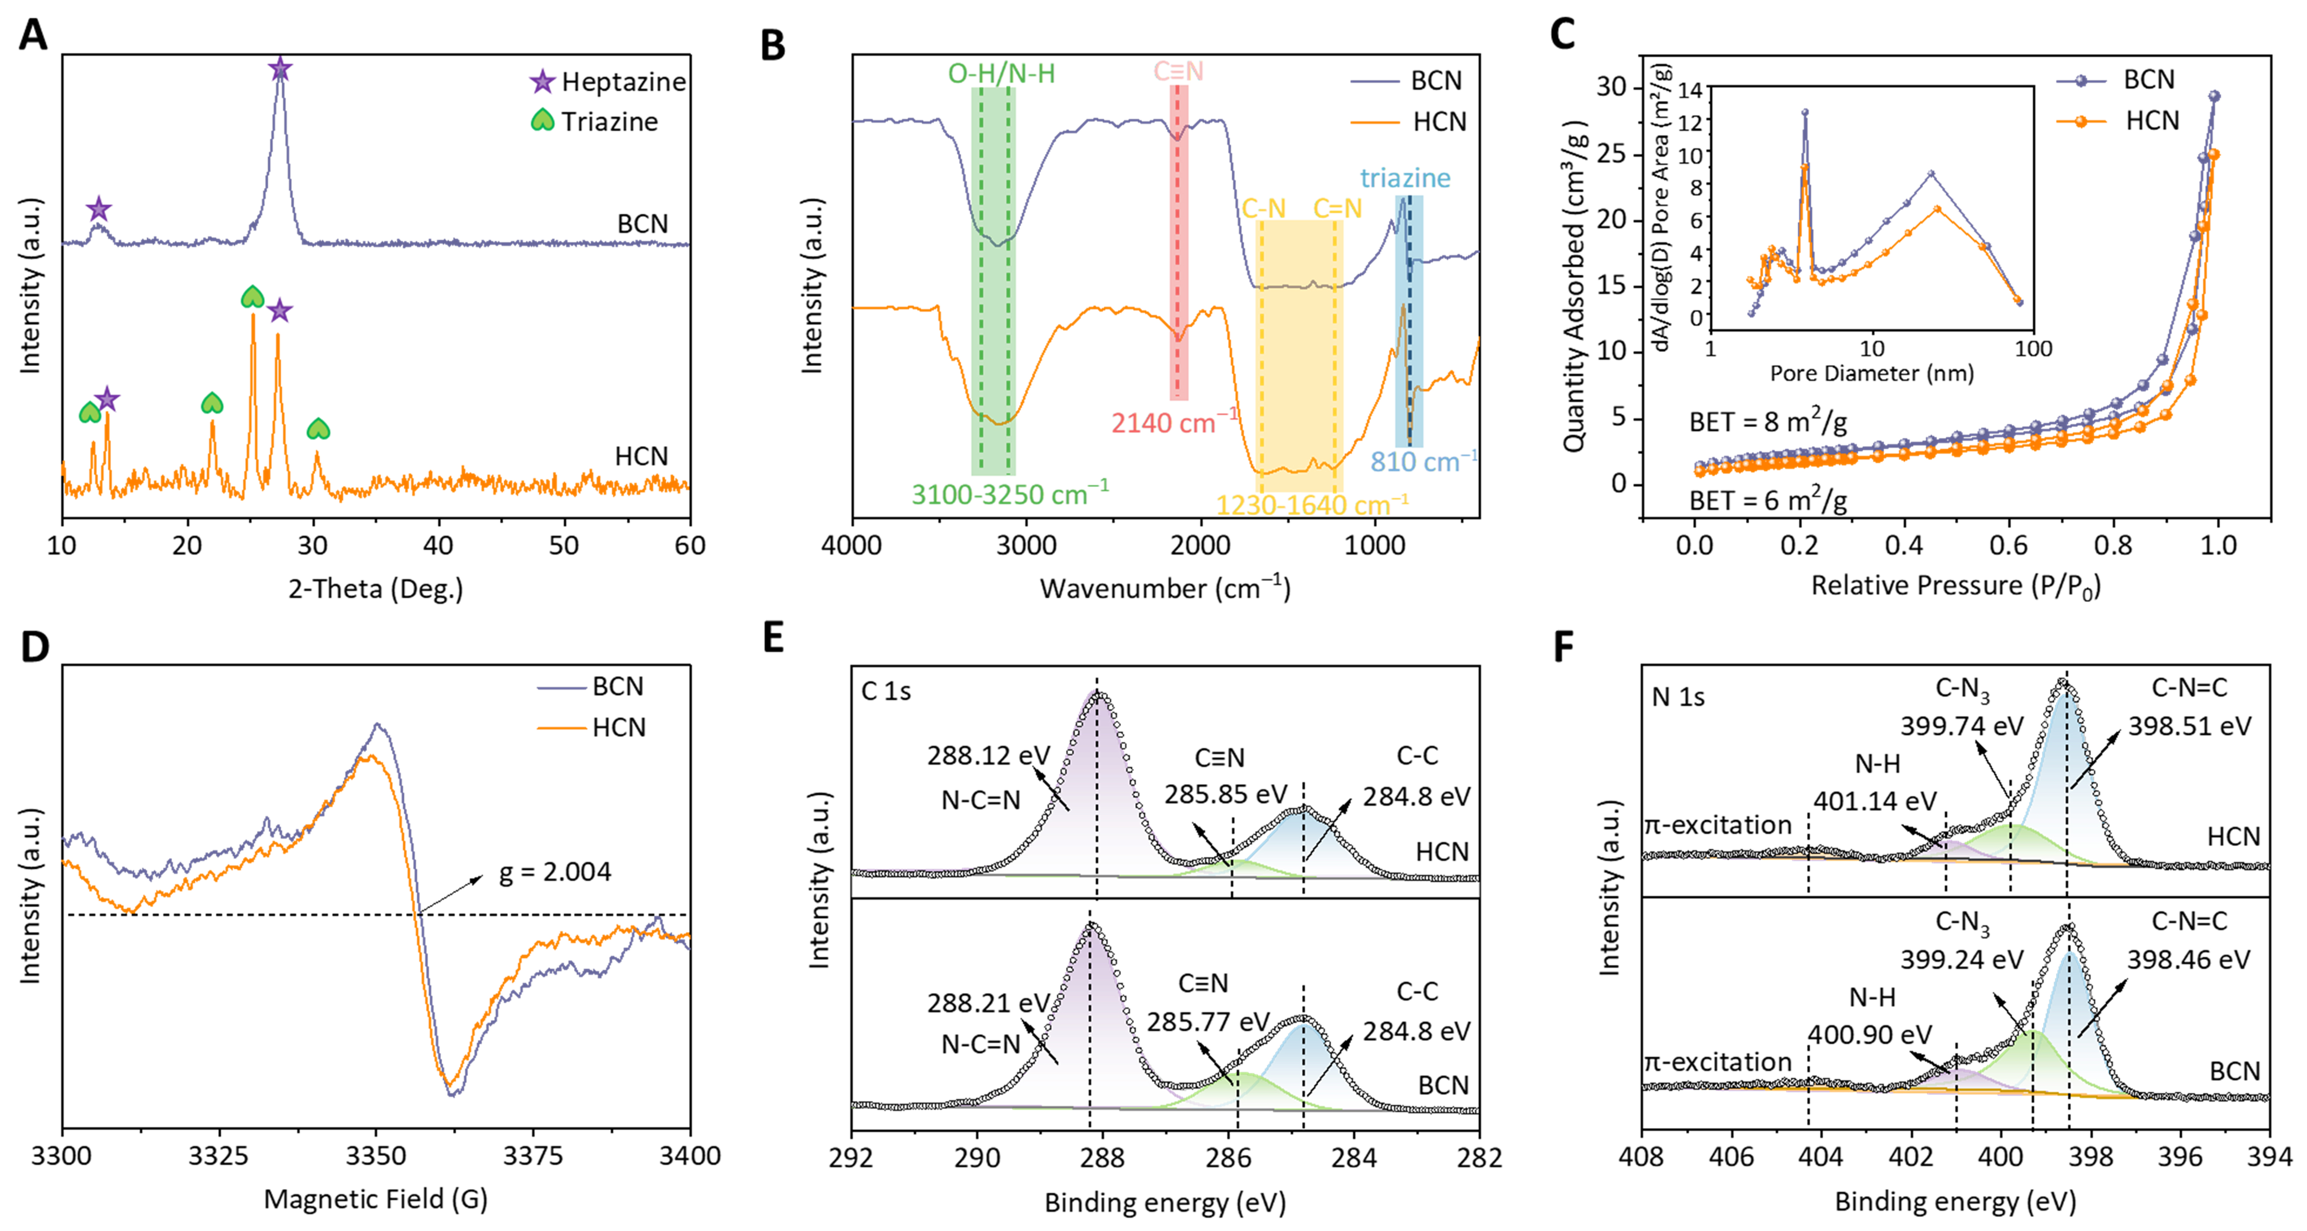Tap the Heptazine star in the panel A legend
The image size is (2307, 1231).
click(542, 82)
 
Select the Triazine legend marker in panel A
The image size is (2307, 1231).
click(542, 121)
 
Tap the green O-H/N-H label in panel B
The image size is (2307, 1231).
click(1001, 73)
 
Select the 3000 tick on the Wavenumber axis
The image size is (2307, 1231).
click(1027, 545)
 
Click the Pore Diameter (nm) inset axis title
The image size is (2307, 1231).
click(1871, 373)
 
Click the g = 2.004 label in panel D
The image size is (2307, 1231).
click(554, 872)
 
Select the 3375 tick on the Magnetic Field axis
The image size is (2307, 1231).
click(533, 1156)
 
